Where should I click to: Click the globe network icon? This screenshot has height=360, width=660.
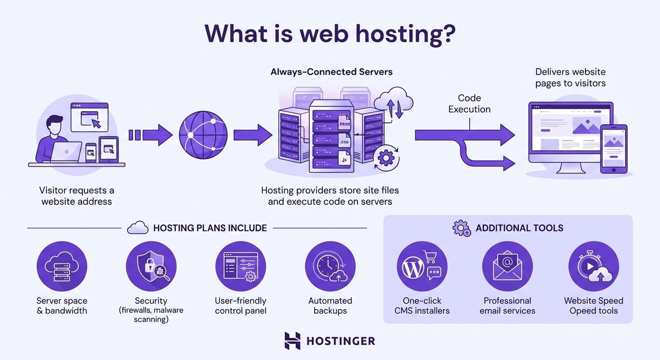tap(203, 135)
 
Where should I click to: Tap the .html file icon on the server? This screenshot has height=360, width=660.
tap(344, 124)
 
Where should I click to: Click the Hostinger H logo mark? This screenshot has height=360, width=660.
tap(292, 341)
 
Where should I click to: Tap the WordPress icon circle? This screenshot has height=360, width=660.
tap(422, 266)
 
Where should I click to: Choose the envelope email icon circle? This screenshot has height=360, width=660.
tap(507, 266)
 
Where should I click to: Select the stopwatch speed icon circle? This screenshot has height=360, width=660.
tap(593, 266)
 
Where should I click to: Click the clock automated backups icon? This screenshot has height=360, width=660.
tap(330, 266)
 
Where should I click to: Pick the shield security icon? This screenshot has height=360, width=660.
tap(151, 266)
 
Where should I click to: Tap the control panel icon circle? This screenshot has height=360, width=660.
tap(241, 266)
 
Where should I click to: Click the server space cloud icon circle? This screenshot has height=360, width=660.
tap(62, 266)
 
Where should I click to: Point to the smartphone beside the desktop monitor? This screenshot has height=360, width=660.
tap(614, 148)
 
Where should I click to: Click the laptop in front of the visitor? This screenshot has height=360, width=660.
tap(66, 152)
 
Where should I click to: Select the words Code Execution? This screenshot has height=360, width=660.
tap(469, 103)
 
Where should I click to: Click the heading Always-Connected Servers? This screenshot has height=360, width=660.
tap(331, 72)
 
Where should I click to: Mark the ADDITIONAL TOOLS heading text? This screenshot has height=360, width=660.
tap(519, 228)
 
